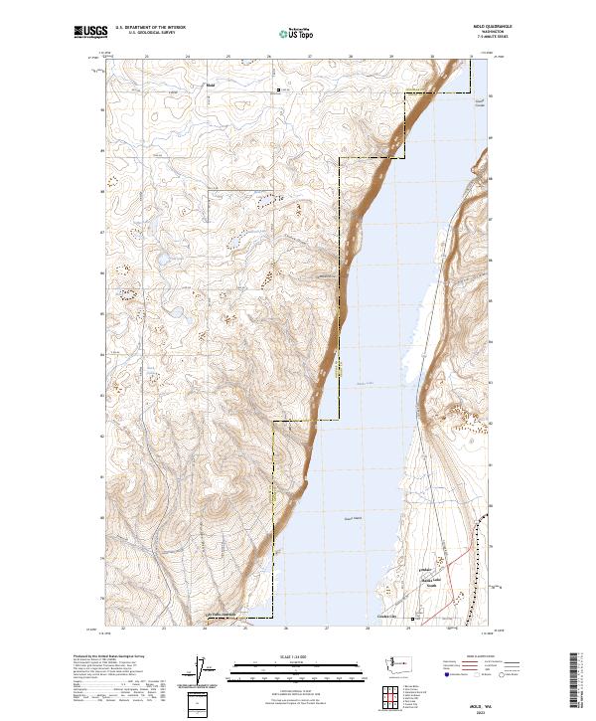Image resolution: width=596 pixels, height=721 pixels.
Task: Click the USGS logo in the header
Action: point(89,33)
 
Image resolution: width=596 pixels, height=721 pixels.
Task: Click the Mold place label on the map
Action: point(210,85)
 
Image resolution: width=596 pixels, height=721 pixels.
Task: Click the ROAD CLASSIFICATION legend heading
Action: point(482,657)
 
